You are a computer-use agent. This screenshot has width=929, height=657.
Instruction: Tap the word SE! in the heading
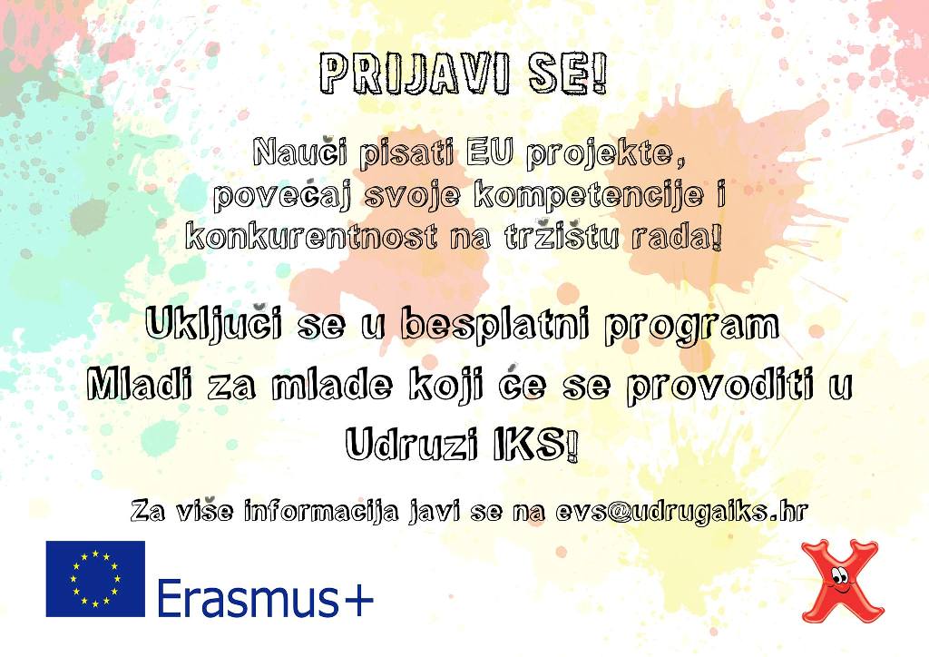[569, 74]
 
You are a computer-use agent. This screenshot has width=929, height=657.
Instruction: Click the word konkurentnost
[311, 236]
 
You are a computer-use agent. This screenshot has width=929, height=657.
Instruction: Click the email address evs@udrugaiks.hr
[681, 511]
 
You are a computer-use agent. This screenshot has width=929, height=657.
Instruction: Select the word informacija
[320, 511]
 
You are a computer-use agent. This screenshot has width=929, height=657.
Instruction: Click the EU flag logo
[95, 579]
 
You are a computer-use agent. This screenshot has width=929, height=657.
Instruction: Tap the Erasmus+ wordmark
[266, 596]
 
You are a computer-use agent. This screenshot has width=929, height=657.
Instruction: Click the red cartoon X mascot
[842, 580]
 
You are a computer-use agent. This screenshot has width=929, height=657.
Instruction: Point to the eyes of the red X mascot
[839, 574]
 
